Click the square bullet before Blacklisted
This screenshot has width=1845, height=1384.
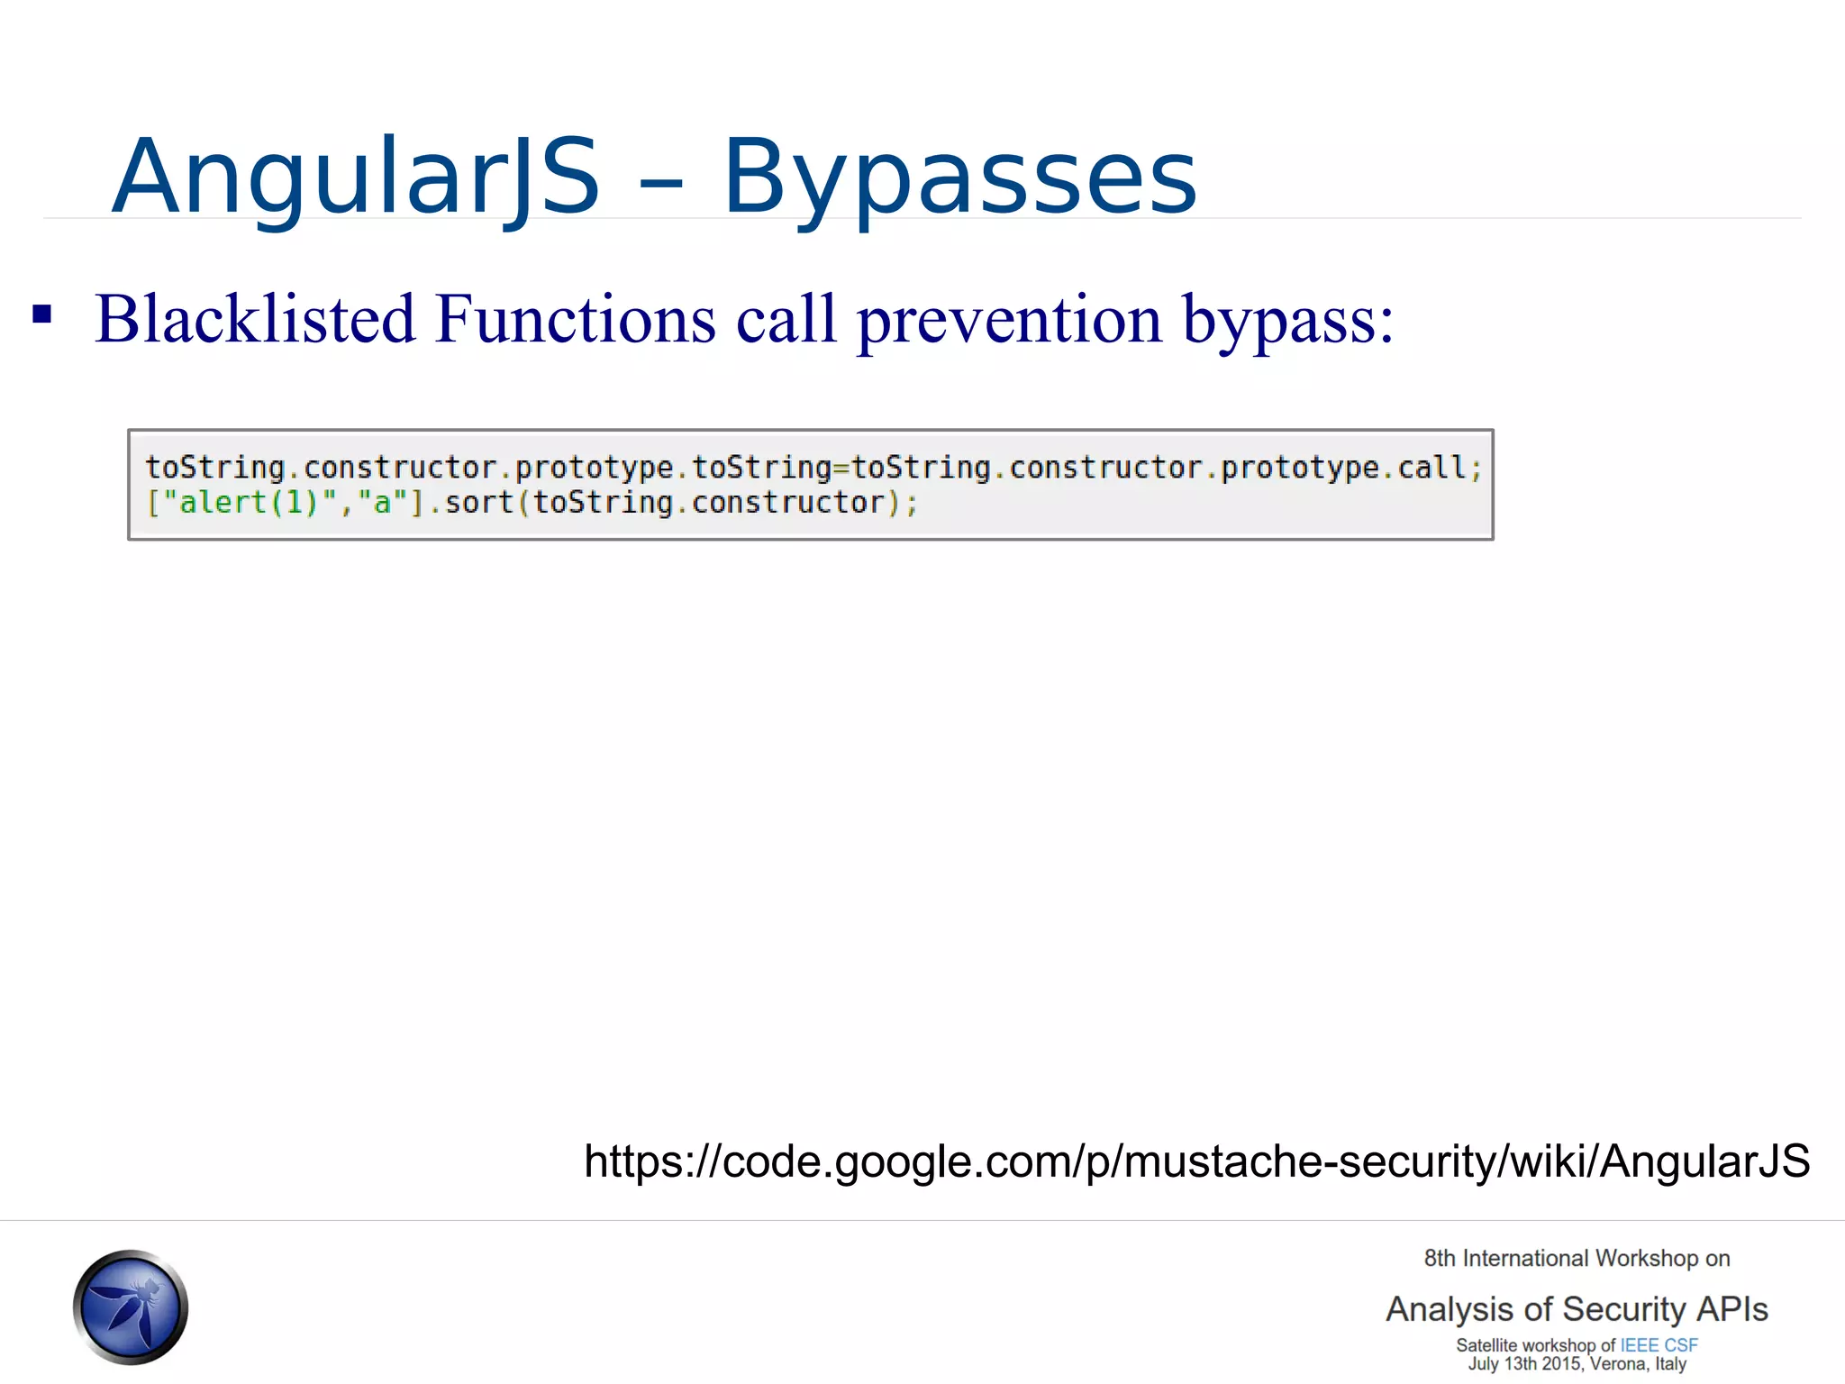(x=41, y=315)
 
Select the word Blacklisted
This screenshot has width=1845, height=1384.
(x=255, y=319)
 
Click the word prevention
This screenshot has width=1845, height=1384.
(x=1009, y=319)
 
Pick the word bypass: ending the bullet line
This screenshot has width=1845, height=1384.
(x=1288, y=321)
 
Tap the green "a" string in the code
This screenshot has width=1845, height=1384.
(x=383, y=503)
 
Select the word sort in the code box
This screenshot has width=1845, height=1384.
(x=479, y=503)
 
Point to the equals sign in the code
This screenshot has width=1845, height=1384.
(x=841, y=469)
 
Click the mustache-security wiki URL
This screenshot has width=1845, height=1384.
(x=1196, y=1161)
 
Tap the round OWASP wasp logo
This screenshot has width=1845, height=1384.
(x=131, y=1307)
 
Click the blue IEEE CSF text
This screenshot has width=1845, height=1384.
(x=1659, y=1345)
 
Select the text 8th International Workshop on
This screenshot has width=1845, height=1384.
(x=1577, y=1259)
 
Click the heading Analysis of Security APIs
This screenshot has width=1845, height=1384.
(x=1577, y=1309)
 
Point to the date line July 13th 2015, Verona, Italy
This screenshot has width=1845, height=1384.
(x=1577, y=1364)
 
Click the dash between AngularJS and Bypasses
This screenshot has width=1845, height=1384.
(x=660, y=183)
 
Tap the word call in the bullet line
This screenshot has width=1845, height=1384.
(x=786, y=319)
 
